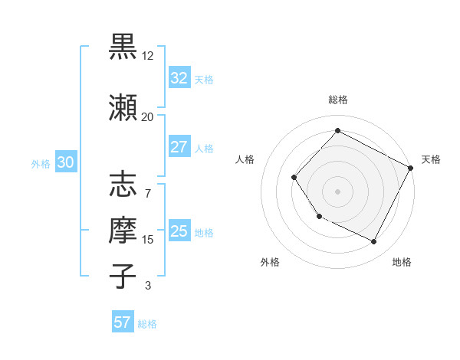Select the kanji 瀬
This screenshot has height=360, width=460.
tap(123, 107)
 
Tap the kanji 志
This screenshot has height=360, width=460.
tap(123, 185)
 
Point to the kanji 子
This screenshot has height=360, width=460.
tap(123, 276)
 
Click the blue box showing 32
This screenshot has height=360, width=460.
tap(179, 78)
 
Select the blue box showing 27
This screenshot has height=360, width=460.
tap(179, 147)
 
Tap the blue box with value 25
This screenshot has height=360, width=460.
tap(179, 231)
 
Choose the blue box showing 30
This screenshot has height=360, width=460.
tap(65, 162)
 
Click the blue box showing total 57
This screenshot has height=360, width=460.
tap(123, 322)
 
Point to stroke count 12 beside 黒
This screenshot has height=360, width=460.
tap(148, 55)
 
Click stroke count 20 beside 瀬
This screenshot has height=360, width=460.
tap(148, 116)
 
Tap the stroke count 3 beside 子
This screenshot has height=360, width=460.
tap(148, 286)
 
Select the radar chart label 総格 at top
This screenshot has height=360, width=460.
tap(337, 100)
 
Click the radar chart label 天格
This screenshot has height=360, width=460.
tap(431, 159)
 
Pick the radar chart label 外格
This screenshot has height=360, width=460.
tap(270, 262)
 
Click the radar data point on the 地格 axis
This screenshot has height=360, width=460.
tap(374, 242)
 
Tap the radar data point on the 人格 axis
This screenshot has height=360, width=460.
tap(294, 178)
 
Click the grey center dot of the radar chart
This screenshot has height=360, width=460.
tap(337, 191)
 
